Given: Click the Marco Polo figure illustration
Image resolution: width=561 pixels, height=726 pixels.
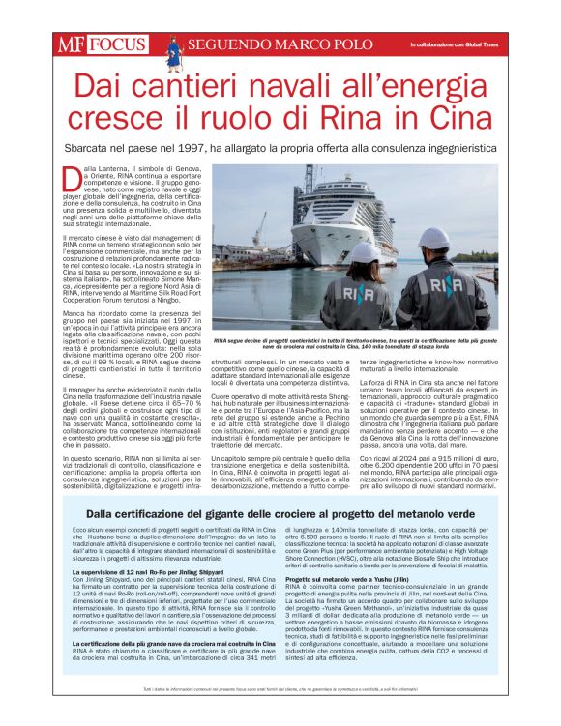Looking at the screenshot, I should tap(174, 49).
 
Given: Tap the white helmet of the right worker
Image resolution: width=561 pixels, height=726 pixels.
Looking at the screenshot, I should tap(434, 239).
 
